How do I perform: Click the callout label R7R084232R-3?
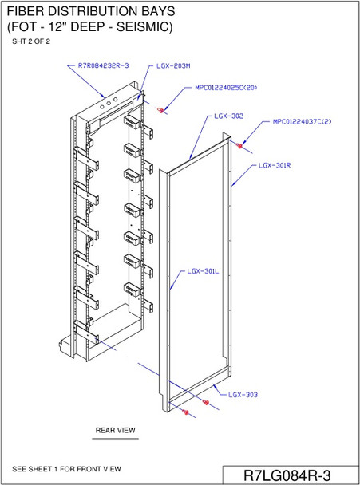pyautogui.click(x=104, y=65)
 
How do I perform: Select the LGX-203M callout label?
pyautogui.click(x=172, y=65)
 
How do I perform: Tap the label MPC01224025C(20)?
pyautogui.click(x=226, y=88)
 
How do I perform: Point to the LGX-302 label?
pyautogui.click(x=229, y=116)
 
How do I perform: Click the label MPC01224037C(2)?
pyautogui.click(x=302, y=123)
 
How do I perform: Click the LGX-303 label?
pyautogui.click(x=242, y=394)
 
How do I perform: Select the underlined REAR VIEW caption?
pyautogui.click(x=116, y=431)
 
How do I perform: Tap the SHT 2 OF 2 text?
pyautogui.click(x=31, y=41)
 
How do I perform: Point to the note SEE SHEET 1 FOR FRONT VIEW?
pyautogui.click(x=67, y=468)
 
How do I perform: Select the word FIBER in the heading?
pyautogui.click(x=26, y=10)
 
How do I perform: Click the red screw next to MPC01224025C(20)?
pyautogui.click(x=162, y=109)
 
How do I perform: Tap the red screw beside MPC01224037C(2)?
pyautogui.click(x=240, y=145)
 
